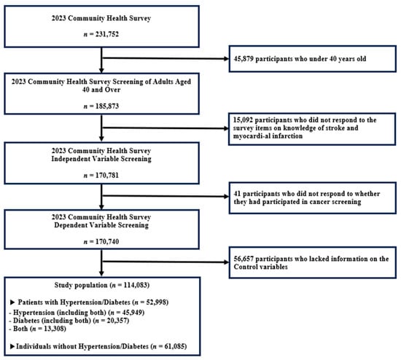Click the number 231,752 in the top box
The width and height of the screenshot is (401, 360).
tap(107, 34)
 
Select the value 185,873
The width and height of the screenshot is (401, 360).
tap(107, 106)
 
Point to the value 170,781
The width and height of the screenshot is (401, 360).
tap(107, 176)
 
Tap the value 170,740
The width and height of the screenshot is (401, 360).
tap(107, 242)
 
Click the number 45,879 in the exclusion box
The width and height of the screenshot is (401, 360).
tap(244, 59)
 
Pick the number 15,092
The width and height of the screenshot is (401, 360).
tap(243, 120)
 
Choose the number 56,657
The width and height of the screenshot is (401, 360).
tap(244, 259)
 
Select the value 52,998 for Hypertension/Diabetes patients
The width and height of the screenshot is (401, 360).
tap(156, 302)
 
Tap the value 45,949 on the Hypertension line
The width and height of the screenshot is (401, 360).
tap(132, 313)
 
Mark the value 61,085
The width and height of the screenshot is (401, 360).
tap(175, 346)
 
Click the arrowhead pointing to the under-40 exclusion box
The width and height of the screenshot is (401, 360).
tap(226, 59)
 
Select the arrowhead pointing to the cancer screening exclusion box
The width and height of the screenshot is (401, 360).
tap(226, 196)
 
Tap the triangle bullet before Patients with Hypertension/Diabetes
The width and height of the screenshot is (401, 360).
tap(12, 302)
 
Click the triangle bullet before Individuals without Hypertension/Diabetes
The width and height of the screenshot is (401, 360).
tap(12, 346)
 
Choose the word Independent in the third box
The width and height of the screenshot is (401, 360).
tap(70, 159)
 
